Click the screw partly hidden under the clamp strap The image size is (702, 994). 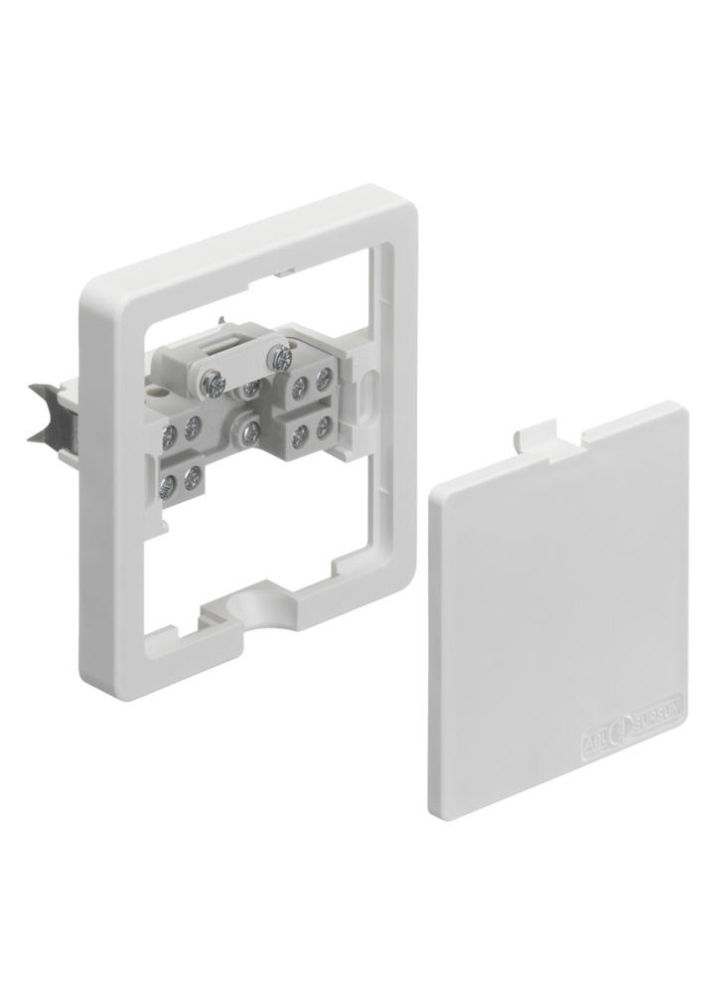tap(253, 386)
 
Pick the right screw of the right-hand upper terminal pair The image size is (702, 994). tap(323, 377)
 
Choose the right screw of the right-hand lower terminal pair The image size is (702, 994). tap(324, 424)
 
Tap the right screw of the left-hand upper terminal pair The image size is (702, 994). tap(193, 427)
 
